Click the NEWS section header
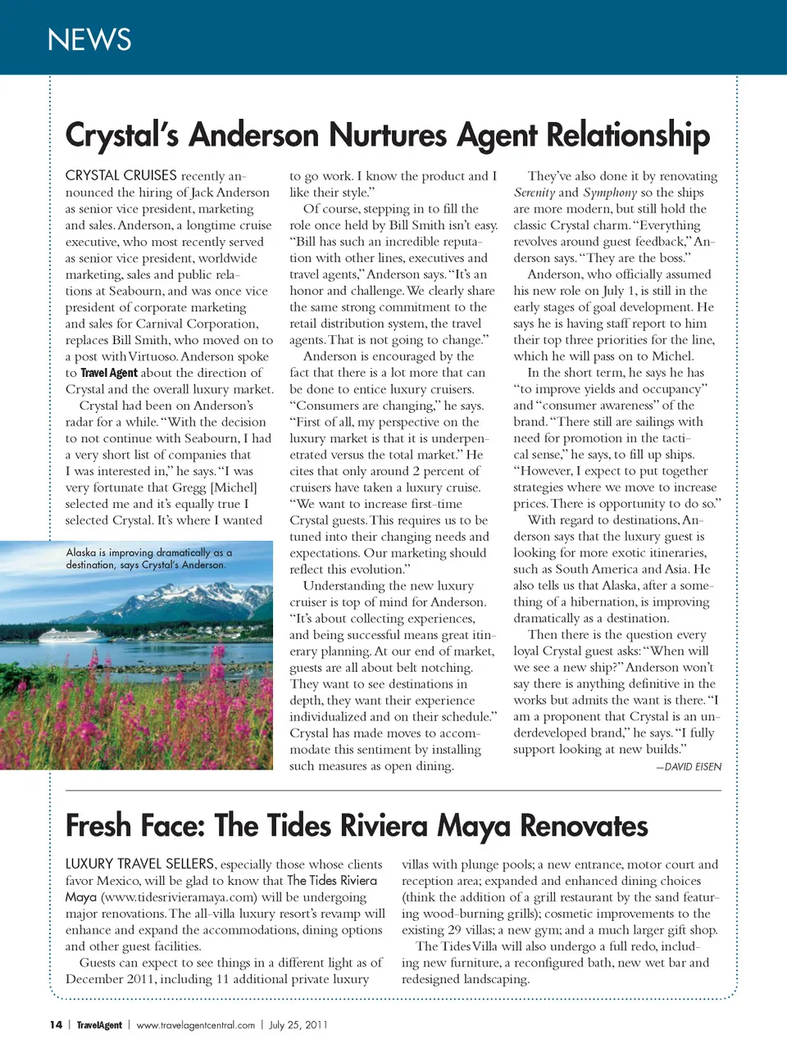pos(89,39)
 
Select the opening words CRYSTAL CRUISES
pos(121,175)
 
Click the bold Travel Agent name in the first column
pos(109,373)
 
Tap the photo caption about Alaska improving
pos(148,559)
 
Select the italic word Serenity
pos(535,193)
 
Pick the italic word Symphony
pos(610,193)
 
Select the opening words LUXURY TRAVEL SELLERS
pos(140,864)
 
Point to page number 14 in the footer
pos(56,1025)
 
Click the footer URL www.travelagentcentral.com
pos(196,1025)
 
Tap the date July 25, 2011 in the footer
pos(298,1025)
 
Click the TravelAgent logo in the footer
pos(99,1025)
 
